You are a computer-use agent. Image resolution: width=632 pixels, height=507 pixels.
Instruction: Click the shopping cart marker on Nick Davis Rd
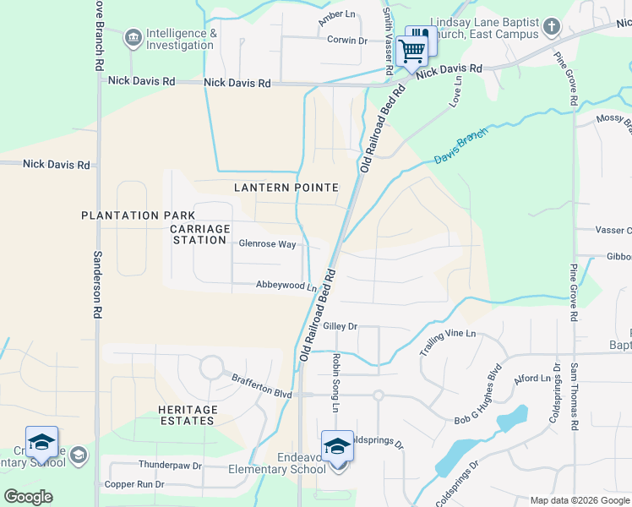[x=411, y=52]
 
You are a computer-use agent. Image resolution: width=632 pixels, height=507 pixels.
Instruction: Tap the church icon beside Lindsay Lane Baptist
[x=551, y=27]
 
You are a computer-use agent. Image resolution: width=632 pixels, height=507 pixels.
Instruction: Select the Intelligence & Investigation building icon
[x=133, y=38]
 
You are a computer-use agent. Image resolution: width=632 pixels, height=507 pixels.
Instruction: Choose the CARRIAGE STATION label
[x=200, y=236]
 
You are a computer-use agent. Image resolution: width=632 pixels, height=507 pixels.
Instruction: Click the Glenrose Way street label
[x=267, y=244]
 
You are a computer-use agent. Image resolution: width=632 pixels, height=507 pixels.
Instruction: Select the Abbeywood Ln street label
[x=286, y=286]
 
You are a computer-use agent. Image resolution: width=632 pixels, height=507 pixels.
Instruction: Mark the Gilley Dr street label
[x=341, y=326]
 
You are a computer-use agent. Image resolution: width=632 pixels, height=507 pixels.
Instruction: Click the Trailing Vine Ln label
[x=449, y=334]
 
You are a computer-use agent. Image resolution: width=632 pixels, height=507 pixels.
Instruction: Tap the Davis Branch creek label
[x=461, y=147]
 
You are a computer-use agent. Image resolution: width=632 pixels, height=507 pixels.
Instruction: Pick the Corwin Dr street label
[x=347, y=40]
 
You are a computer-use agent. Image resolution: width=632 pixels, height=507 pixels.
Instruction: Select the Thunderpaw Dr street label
[x=170, y=466]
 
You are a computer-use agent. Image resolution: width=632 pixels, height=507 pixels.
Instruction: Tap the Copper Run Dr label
[x=133, y=485]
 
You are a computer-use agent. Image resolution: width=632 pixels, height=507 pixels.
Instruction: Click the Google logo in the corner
[x=29, y=496]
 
